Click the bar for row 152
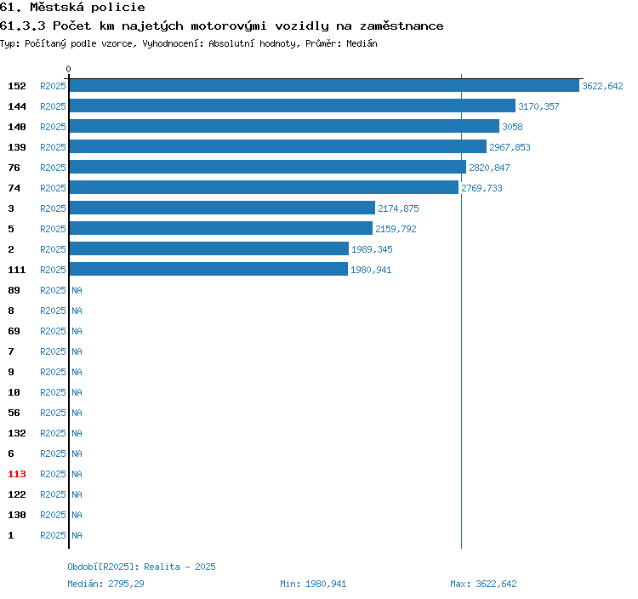tap(324, 85)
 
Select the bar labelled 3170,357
tap(293, 106)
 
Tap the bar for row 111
tap(208, 269)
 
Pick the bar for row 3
tap(222, 208)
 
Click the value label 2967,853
tap(510, 147)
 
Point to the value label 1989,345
tap(372, 249)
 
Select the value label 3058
tap(512, 127)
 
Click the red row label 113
tap(17, 474)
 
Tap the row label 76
tap(14, 168)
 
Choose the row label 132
tap(17, 433)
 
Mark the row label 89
tap(14, 290)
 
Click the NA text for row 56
tap(77, 413)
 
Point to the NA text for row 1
tap(77, 535)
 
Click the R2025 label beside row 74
tap(53, 188)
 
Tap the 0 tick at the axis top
tap(68, 69)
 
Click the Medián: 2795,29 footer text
tap(105, 584)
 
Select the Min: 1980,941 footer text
tap(313, 584)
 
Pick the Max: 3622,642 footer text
tap(483, 584)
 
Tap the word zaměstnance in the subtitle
tap(402, 26)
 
